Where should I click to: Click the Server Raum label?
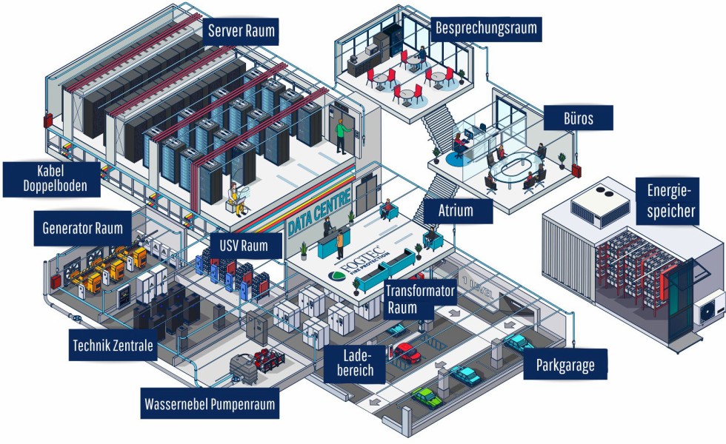(242, 31)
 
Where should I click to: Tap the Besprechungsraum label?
(486, 30)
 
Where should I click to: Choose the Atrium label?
(456, 210)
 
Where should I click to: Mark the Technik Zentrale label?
(113, 345)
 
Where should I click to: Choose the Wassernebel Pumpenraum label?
(210, 405)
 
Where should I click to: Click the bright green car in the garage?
(426, 397)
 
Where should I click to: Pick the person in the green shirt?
(342, 133)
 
